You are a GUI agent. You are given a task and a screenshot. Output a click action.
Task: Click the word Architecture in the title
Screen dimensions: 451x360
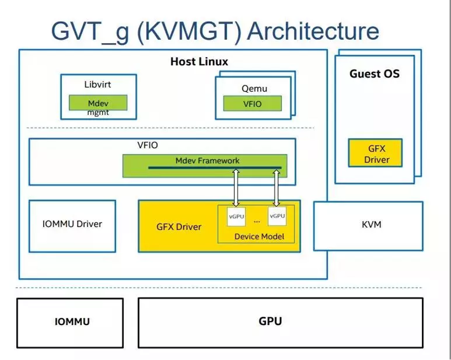(313, 31)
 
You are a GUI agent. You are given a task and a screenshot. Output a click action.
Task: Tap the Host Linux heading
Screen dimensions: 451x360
(199, 61)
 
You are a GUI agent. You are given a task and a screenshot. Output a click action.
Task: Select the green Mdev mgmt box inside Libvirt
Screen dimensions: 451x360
(98, 103)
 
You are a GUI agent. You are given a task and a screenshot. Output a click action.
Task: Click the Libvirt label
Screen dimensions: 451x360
(97, 84)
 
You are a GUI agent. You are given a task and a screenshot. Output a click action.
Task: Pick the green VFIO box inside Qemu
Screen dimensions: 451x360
(253, 104)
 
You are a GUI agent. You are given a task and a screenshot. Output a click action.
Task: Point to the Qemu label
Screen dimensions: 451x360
(254, 89)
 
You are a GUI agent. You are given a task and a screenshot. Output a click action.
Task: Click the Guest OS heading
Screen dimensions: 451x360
(374, 74)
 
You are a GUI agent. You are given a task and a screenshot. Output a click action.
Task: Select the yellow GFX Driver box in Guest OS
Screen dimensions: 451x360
(375, 153)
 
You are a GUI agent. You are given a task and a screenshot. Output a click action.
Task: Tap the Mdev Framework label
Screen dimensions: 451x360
(207, 160)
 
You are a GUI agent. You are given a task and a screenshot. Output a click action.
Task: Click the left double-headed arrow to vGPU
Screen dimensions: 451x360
(236, 188)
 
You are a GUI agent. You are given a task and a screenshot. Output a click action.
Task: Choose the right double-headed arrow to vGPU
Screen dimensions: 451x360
(277, 188)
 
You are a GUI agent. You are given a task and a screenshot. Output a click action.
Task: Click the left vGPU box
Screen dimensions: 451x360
(236, 216)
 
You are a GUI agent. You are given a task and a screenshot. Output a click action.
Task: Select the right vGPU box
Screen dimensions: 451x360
(277, 216)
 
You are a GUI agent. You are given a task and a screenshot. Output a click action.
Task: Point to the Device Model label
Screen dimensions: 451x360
(259, 237)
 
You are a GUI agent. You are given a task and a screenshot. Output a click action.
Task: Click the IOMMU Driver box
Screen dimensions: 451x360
(72, 226)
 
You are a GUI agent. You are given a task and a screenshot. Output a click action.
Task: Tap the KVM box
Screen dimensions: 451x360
(368, 226)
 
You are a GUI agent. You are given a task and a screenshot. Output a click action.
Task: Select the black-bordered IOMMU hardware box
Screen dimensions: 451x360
(70, 323)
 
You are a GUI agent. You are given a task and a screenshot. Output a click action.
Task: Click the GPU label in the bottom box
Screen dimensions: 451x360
(270, 321)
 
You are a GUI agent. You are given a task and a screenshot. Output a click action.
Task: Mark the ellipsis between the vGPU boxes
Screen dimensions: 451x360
(257, 221)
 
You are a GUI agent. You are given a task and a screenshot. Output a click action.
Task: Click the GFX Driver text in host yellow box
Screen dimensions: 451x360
(179, 227)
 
